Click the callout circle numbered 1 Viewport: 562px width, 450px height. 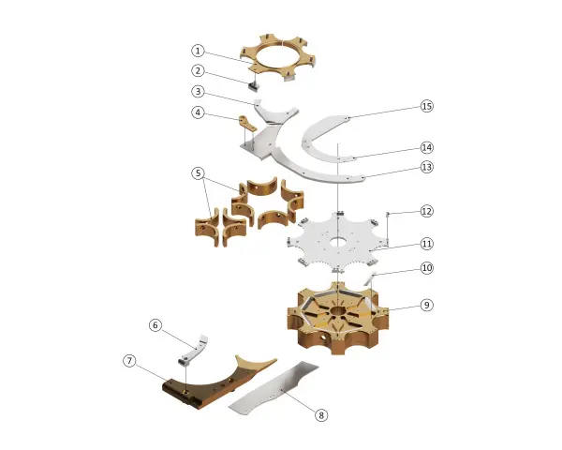[198, 51]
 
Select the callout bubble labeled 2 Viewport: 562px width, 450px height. [198, 70]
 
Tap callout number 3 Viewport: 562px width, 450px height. [198, 91]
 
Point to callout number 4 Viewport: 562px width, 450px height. [198, 112]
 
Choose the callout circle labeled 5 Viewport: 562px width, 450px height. [198, 173]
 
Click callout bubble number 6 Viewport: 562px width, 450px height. [155, 325]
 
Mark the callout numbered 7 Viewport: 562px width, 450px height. [129, 360]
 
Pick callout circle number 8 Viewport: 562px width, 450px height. [321, 415]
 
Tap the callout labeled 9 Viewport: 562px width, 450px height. [426, 305]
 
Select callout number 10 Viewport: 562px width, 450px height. [426, 268]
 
